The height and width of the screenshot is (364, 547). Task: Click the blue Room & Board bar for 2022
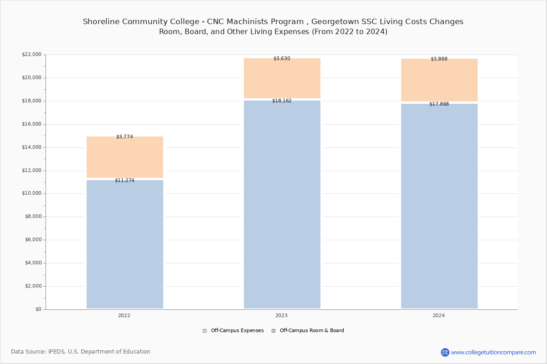(x=125, y=244)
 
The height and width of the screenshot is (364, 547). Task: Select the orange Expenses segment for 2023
(x=282, y=78)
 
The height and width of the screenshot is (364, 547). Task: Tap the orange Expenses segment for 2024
(x=439, y=80)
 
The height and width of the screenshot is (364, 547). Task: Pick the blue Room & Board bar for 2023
(x=282, y=205)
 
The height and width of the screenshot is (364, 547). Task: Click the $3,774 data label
(x=124, y=137)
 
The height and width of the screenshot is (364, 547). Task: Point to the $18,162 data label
(x=282, y=101)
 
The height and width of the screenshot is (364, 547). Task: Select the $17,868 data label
(x=439, y=104)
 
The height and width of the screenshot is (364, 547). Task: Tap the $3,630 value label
(x=282, y=59)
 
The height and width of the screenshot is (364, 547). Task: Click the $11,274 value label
(x=124, y=181)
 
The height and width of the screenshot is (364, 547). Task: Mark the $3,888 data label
(x=439, y=59)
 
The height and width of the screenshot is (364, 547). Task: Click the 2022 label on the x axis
(x=124, y=315)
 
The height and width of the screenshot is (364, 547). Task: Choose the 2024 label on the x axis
(x=439, y=315)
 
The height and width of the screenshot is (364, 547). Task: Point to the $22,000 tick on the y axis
(x=32, y=54)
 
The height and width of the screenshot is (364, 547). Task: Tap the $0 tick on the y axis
(x=39, y=309)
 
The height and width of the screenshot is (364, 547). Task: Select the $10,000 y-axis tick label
(x=32, y=193)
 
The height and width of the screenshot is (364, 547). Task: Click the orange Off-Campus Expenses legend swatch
(x=205, y=331)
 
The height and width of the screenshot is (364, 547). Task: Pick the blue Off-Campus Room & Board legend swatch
(x=273, y=331)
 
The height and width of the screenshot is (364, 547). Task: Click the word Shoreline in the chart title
(x=101, y=22)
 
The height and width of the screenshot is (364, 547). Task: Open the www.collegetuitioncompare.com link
(x=493, y=352)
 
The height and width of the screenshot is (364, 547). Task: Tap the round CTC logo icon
(x=445, y=352)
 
